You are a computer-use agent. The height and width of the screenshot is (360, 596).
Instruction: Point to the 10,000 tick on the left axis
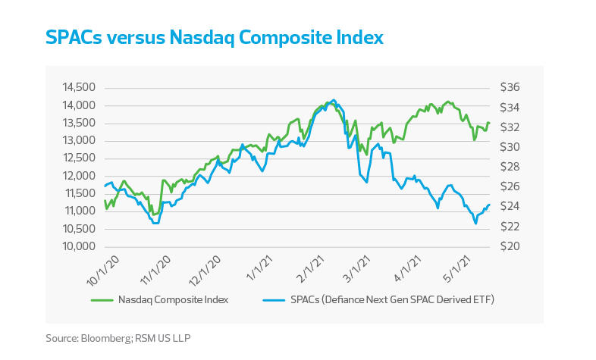[78, 247]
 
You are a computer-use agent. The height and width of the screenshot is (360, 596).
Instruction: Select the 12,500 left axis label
[78, 158]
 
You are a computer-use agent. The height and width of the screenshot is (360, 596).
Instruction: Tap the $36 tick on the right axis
[508, 87]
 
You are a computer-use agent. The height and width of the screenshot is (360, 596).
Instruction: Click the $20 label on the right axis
[508, 247]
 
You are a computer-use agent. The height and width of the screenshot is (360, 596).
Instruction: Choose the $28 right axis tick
[508, 167]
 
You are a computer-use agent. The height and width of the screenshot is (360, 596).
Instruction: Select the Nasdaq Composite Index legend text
[174, 300]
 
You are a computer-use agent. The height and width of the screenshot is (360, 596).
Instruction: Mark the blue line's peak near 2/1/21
[334, 99]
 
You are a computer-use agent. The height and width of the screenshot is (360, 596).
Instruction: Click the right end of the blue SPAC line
[490, 205]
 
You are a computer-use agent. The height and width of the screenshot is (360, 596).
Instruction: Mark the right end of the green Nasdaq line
[490, 124]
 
